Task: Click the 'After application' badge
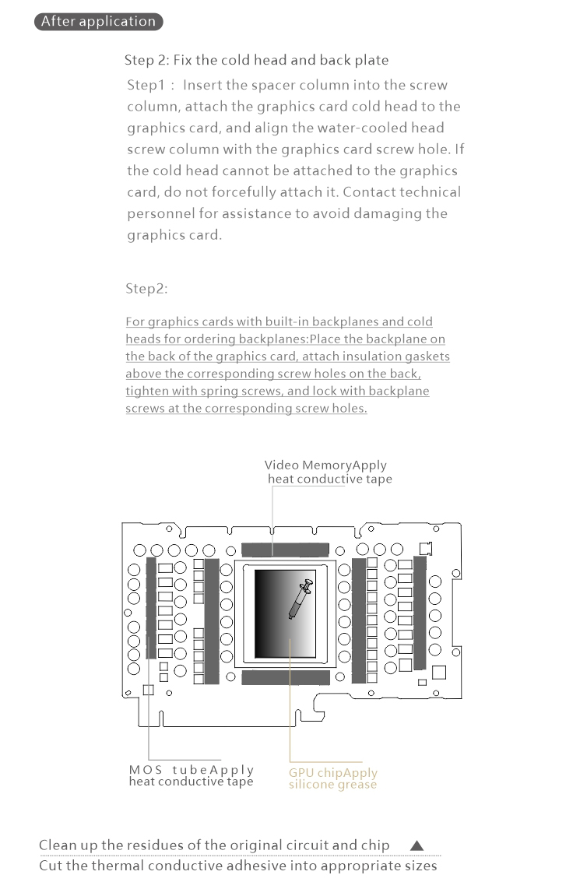98,21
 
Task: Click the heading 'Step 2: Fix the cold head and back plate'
256,60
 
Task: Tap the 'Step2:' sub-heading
146,289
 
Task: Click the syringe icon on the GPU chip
300,598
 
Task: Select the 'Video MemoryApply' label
325,466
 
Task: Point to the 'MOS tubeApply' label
192,770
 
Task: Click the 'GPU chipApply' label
333,773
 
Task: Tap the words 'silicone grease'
332,785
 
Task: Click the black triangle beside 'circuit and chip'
417,845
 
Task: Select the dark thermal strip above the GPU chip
285,550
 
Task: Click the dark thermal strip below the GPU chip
285,677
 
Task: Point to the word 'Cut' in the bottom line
51,866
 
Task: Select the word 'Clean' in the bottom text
58,845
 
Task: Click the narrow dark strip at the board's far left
151,606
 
